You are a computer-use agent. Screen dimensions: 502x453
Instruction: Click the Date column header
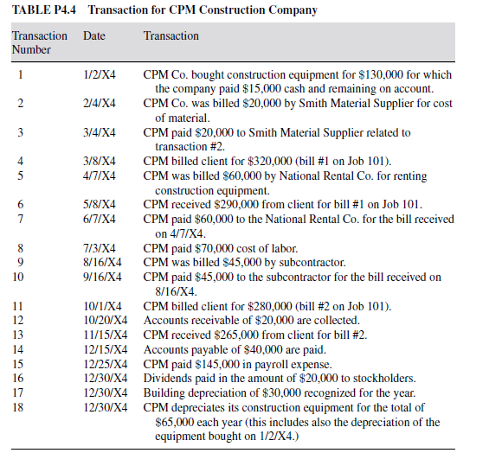pyautogui.click(x=93, y=36)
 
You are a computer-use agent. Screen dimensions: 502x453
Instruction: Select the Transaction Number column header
pyautogui.click(x=39, y=42)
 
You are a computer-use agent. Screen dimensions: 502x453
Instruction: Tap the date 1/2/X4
pyautogui.click(x=95, y=75)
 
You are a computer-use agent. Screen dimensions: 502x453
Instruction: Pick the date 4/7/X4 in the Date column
pyautogui.click(x=95, y=176)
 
